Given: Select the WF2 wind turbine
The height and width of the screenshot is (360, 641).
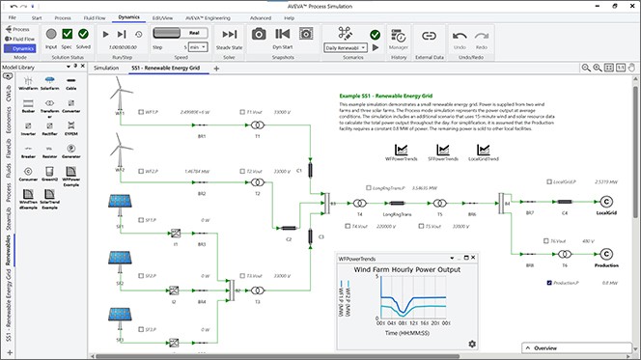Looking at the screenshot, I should click(x=121, y=149).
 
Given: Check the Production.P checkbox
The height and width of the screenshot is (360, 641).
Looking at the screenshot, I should click(x=548, y=283).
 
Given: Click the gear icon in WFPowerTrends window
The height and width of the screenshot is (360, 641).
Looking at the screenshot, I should click(x=471, y=345).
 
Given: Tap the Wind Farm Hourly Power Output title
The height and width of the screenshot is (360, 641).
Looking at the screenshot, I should click(x=408, y=272).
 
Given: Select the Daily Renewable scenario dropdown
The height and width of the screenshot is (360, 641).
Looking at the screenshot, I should click(x=350, y=47).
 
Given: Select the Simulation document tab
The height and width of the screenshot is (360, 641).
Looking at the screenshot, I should click(x=106, y=69).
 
